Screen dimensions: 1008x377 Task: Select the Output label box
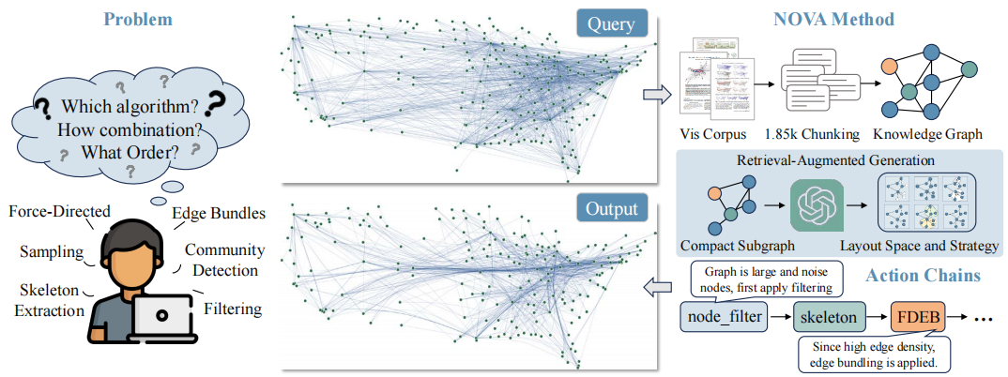coord(611,209)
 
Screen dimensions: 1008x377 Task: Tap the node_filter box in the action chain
coord(724,317)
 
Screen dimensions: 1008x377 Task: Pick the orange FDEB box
coord(917,317)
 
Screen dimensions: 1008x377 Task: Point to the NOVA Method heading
coord(834,20)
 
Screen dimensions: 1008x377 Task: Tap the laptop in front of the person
coord(160,318)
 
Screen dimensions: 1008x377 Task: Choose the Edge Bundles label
coord(220,214)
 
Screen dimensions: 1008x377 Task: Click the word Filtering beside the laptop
coord(233,309)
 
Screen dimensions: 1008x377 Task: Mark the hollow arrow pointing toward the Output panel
coord(658,287)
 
